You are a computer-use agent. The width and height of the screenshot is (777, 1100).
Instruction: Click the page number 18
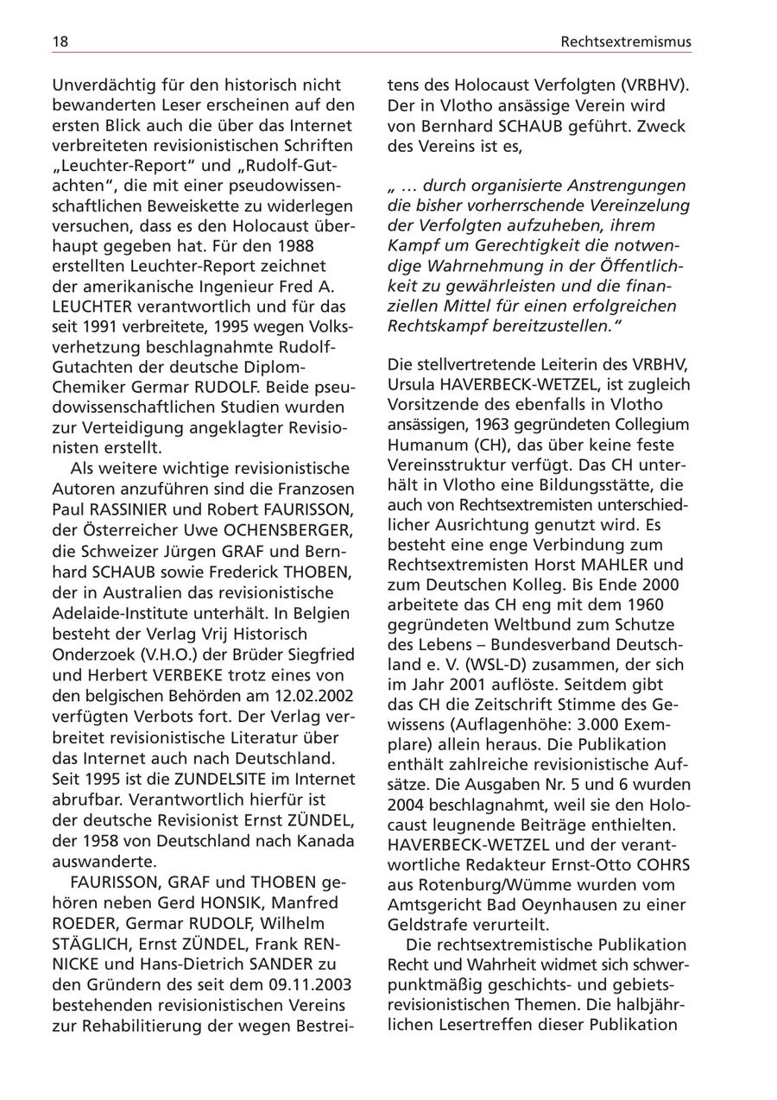[60, 41]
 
